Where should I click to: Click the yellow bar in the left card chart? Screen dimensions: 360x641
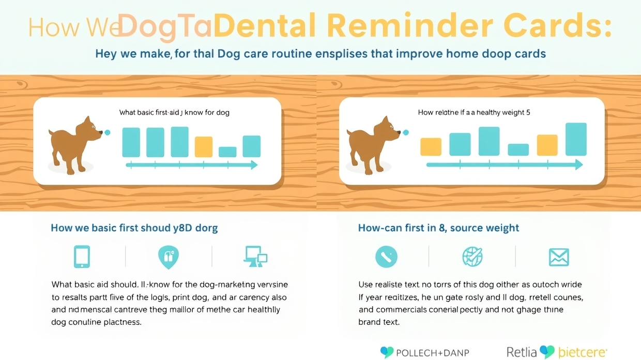[203, 146]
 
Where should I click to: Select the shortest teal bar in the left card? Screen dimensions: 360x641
[227, 152]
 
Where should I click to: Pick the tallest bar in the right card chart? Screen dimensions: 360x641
[576, 139]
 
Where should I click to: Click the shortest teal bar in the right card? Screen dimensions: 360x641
[518, 149]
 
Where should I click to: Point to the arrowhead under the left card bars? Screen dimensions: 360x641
[253, 165]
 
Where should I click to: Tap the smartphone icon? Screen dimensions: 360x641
[82, 257]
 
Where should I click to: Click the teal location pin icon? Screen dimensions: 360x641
[168, 257]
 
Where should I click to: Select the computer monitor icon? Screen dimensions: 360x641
[255, 257]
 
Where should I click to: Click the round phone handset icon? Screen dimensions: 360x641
[386, 257]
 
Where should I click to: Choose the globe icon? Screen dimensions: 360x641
[472, 257]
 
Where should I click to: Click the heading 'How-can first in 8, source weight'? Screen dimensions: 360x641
[438, 228]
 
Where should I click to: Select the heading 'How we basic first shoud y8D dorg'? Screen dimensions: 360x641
[134, 228]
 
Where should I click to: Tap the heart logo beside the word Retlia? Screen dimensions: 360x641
[547, 352]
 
